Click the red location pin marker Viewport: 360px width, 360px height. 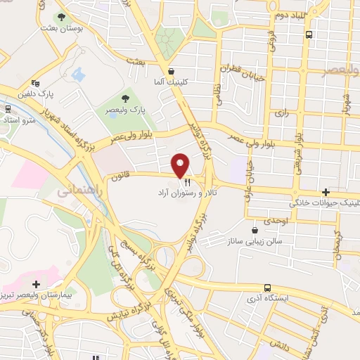(x=180, y=165)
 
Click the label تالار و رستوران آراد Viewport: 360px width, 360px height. (x=187, y=192)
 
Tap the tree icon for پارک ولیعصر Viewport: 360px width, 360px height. (x=126, y=98)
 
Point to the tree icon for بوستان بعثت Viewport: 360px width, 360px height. (x=61, y=16)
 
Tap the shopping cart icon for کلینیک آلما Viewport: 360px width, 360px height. (x=172, y=71)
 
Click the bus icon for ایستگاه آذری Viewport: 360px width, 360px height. (x=267, y=288)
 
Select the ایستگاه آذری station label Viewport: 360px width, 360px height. (x=267, y=299)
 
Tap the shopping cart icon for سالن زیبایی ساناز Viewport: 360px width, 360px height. (x=255, y=229)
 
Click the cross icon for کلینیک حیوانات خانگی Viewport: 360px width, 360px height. (x=325, y=192)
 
